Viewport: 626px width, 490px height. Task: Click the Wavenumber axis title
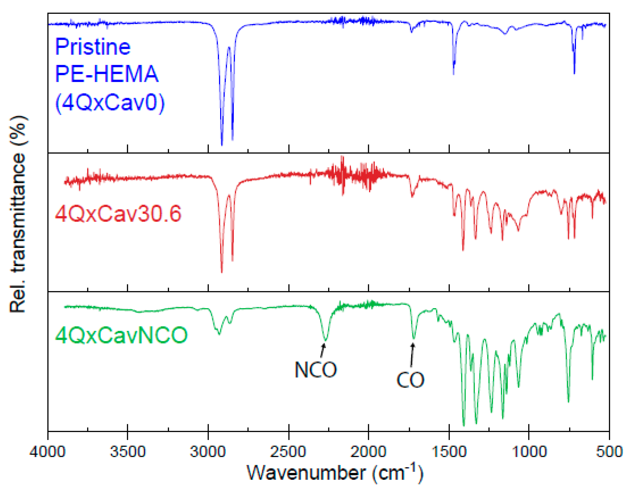coord(335,473)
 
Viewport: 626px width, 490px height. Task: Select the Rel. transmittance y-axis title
coord(18,214)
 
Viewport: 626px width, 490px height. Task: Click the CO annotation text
coord(410,380)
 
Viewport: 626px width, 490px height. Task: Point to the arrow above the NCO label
coord(323,350)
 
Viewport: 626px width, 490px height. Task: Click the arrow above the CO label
coord(412,355)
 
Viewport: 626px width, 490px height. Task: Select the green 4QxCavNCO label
coord(121,335)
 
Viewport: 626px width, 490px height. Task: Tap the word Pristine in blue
coord(93,47)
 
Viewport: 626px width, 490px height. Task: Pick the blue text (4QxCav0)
coord(110,102)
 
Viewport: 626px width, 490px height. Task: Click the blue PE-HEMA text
coord(107,74)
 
